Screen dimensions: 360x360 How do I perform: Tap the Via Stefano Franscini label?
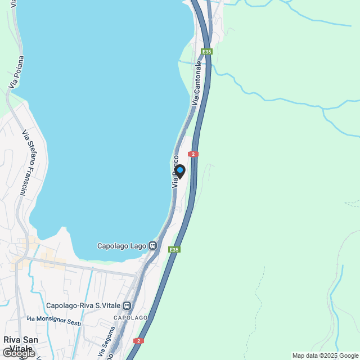[25, 163]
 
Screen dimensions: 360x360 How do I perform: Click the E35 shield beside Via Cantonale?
[208, 52]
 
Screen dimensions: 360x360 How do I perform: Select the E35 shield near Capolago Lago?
[175, 249]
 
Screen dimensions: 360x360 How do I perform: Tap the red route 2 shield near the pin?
[193, 154]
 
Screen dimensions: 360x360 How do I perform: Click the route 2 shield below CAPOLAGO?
[138, 341]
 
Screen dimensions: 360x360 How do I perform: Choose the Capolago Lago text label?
[122, 246]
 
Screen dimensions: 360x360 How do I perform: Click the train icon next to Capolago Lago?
[152, 246]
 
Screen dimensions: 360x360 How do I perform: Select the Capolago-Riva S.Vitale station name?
[84, 306]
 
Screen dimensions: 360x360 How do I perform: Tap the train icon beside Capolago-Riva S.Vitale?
[128, 306]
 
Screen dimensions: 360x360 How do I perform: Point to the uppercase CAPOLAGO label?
[131, 318]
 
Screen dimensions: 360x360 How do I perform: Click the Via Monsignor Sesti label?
[55, 321]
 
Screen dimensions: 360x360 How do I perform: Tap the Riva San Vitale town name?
[19, 344]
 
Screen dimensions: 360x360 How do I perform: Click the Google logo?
[19, 354]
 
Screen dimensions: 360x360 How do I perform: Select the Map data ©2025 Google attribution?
[325, 355]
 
